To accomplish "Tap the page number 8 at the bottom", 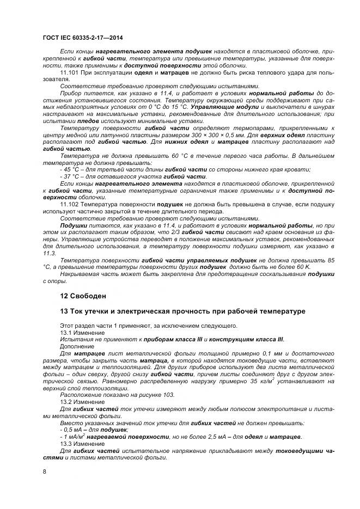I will point(44,471).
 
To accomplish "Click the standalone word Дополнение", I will point(78,346).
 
